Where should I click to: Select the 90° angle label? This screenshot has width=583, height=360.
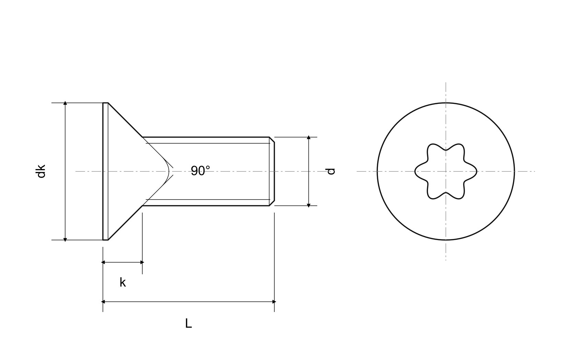click(200, 171)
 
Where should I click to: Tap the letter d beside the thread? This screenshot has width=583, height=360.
click(331, 171)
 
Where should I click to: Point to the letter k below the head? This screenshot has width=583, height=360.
click(123, 282)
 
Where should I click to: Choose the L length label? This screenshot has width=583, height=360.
click(188, 323)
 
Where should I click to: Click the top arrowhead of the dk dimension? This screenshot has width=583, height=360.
click(65, 103)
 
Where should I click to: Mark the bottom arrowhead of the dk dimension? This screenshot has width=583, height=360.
click(65, 240)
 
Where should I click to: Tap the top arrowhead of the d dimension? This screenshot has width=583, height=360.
click(309, 137)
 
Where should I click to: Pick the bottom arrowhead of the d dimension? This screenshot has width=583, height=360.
click(309, 205)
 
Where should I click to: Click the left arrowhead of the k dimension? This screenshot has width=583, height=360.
click(103, 262)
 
